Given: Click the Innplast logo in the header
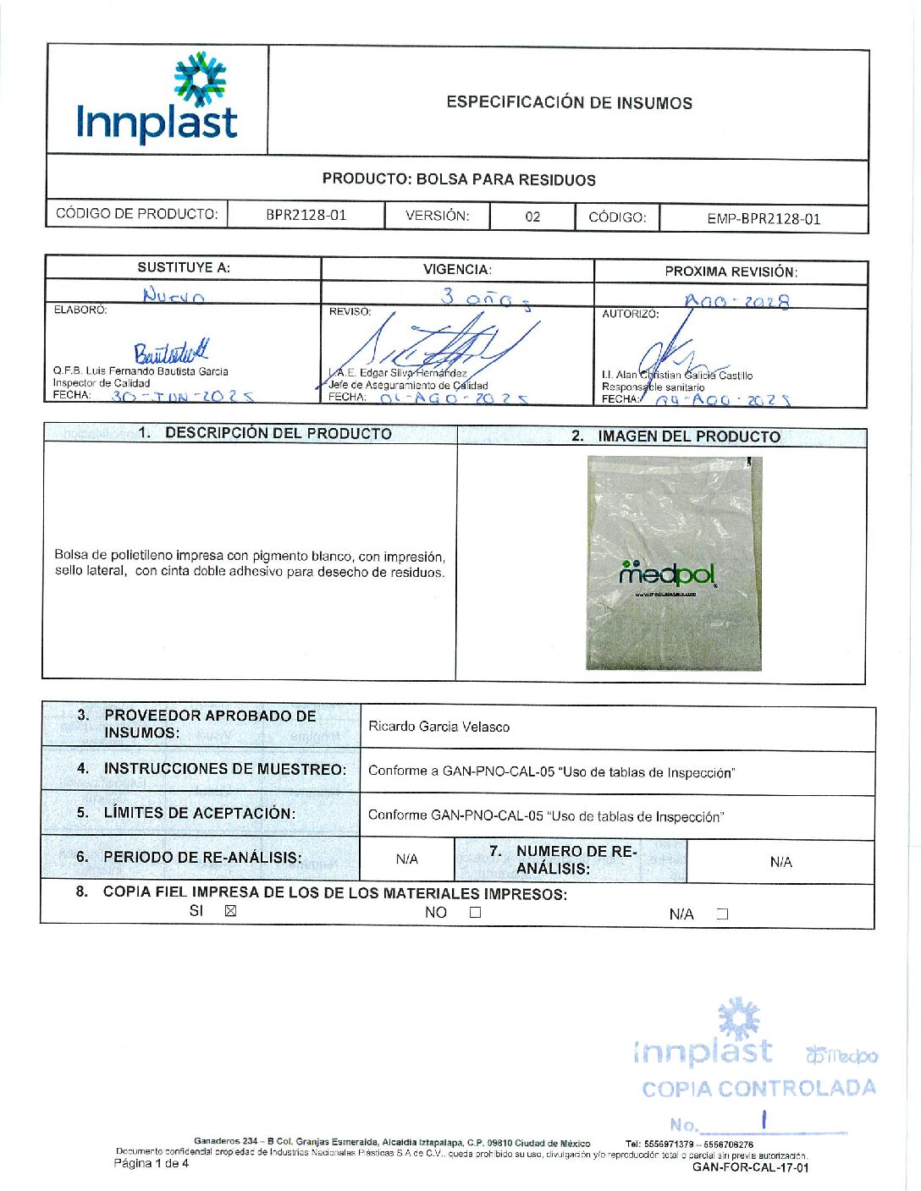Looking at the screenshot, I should point(157,100).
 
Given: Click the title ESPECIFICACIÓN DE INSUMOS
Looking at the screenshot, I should point(569,103).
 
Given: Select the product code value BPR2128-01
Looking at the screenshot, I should point(306,215).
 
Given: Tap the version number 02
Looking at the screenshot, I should point(532,217).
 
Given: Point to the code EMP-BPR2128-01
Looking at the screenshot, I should point(764,218).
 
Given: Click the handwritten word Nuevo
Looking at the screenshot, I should point(174,295).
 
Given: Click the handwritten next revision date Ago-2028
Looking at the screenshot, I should point(736,301).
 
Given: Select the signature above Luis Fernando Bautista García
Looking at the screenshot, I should point(170,352).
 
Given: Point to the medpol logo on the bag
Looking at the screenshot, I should point(668,574).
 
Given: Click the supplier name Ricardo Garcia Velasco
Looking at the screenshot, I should point(438,727).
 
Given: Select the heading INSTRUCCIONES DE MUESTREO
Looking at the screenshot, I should point(224,769).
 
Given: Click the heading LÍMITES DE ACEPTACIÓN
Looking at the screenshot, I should point(199,813).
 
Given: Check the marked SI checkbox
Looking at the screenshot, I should point(230,911).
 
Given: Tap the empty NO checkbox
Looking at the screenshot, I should point(475,913).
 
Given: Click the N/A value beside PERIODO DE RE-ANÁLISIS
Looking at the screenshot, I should point(407,859).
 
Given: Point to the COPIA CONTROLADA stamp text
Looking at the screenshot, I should point(758,1089).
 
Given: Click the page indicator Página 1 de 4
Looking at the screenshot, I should point(152,1163).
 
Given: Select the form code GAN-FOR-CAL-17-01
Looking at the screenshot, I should point(750,1167).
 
